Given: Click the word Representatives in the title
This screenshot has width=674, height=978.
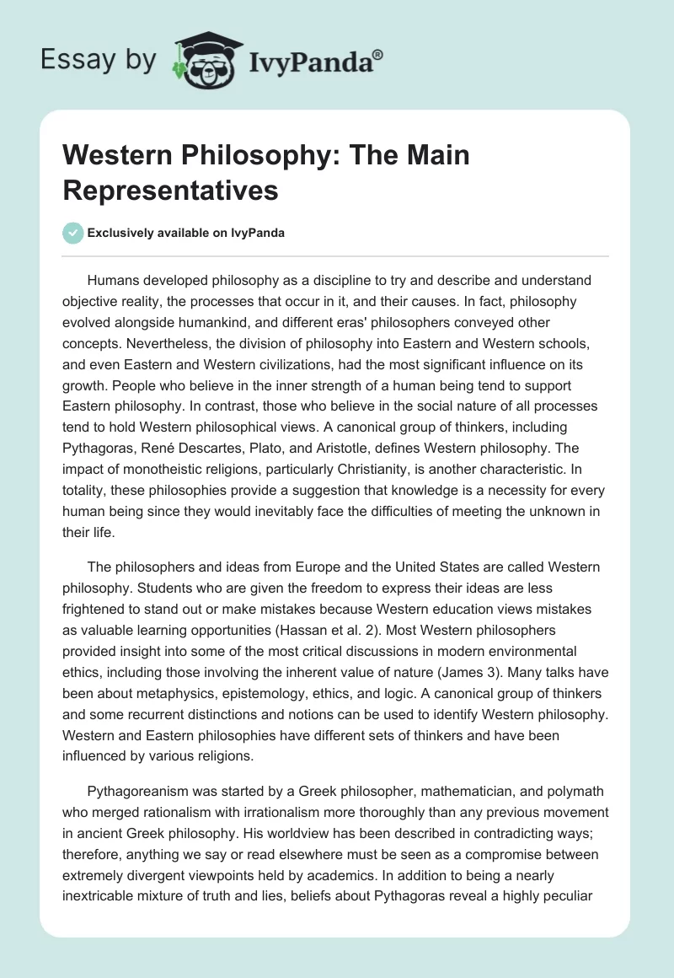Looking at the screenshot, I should pos(171,190).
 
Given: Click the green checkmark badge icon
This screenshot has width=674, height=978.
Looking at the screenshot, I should pos(73,233).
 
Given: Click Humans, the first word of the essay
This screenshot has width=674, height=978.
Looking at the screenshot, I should pos(112,280).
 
